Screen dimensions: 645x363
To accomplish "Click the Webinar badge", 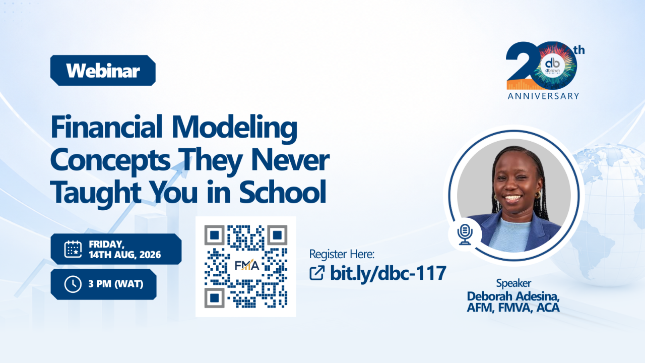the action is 103,70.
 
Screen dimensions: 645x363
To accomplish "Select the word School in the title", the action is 283,192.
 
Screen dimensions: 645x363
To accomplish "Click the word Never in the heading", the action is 290,160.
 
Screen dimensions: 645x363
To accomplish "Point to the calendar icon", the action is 73,249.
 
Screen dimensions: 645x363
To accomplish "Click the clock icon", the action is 73,284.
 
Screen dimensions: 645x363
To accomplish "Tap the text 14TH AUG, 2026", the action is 124,255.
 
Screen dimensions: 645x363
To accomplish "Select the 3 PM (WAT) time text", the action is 116,284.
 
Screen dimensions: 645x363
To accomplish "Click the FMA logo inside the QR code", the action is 247,265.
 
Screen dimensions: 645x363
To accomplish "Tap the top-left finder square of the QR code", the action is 215,235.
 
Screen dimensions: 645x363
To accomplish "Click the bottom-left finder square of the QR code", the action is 215,298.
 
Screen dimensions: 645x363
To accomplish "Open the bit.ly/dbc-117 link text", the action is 388,273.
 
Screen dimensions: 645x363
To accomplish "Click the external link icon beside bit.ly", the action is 317,273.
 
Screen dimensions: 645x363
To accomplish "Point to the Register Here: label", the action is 342,254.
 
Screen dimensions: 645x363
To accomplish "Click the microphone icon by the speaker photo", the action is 465,234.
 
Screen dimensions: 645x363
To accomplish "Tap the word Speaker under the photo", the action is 513,283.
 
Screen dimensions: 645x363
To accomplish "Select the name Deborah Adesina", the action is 513,296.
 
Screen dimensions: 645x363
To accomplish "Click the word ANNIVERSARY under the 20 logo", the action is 543,96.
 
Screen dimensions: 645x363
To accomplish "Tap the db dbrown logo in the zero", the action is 552,66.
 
